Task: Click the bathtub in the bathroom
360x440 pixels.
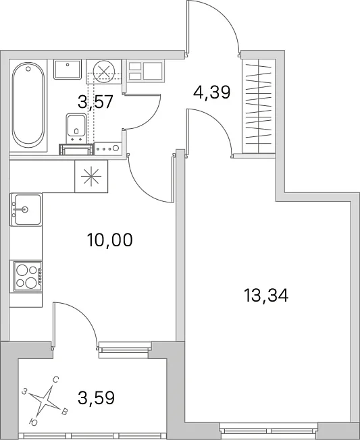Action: pyautogui.click(x=28, y=105)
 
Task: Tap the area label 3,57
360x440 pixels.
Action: pyautogui.click(x=95, y=102)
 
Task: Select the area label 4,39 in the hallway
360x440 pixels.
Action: pyautogui.click(x=211, y=92)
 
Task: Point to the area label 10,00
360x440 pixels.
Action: pyautogui.click(x=109, y=240)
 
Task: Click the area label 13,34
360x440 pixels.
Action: pyautogui.click(x=266, y=296)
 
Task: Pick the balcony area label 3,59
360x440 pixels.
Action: pyautogui.click(x=96, y=397)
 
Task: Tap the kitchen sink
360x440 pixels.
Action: pyautogui.click(x=26, y=209)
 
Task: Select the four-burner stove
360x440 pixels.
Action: pyautogui.click(x=26, y=277)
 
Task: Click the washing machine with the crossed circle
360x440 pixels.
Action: pyautogui.click(x=103, y=72)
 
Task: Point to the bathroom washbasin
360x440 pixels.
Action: pyautogui.click(x=68, y=69)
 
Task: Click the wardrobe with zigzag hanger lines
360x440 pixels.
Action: pyautogui.click(x=259, y=106)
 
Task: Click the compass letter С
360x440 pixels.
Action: pyautogui.click(x=55, y=380)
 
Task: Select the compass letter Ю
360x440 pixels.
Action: pyautogui.click(x=33, y=422)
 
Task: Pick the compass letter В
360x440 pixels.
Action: pyautogui.click(x=64, y=412)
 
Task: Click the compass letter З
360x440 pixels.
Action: pyautogui.click(x=25, y=391)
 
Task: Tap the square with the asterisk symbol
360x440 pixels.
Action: pyautogui.click(x=91, y=176)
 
